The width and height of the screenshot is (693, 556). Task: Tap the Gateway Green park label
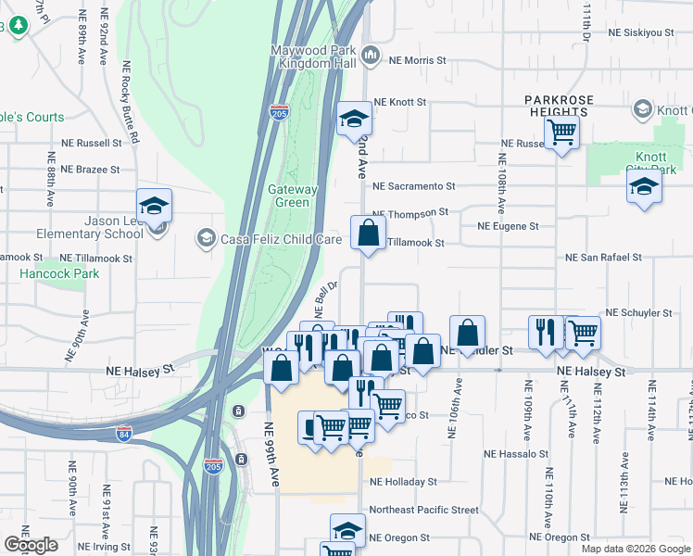coord(293,196)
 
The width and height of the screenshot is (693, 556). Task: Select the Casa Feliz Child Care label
coord(280,239)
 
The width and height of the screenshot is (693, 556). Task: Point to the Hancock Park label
coord(59,274)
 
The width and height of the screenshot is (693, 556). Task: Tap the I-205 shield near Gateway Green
coord(280,112)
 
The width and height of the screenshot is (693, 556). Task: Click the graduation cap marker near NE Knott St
coord(354,119)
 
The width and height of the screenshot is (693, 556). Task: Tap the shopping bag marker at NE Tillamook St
coord(368,234)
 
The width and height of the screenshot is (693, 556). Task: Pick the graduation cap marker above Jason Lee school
coord(155,206)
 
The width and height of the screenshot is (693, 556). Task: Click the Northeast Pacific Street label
coord(423,510)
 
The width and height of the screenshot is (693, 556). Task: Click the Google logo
coord(31,545)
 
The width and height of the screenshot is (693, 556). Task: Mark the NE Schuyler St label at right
coord(637,314)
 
